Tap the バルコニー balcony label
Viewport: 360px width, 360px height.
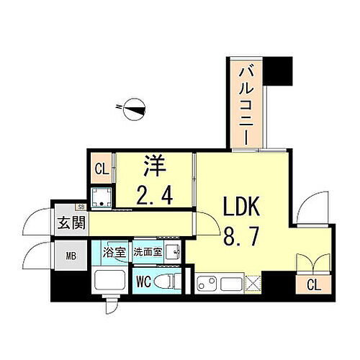click(x=246, y=104)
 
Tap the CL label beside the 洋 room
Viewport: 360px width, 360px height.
click(x=102, y=171)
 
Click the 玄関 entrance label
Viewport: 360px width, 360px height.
click(x=69, y=222)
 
